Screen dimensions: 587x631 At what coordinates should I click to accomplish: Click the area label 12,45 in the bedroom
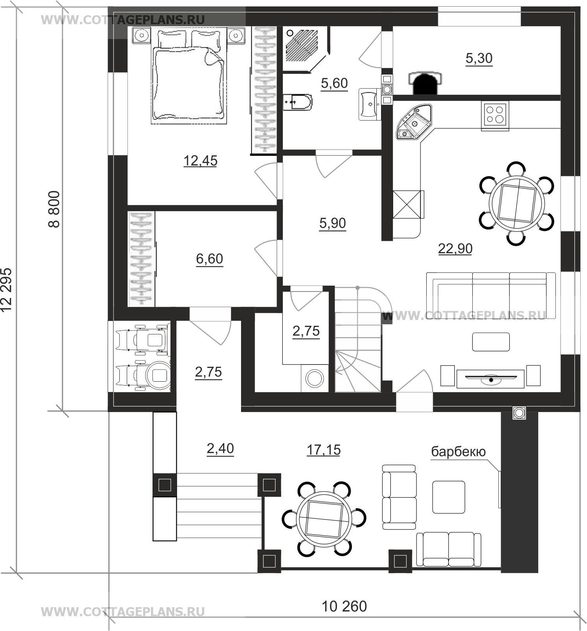[x=200, y=160]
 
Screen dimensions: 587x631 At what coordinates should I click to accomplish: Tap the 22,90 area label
[x=455, y=248]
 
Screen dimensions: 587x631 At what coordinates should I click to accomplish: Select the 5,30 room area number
[x=479, y=58]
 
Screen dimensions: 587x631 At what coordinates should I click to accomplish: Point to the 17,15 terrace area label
[x=323, y=450]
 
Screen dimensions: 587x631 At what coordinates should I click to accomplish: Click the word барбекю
[x=458, y=451]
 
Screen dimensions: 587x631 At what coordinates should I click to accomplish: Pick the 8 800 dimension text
[x=54, y=209]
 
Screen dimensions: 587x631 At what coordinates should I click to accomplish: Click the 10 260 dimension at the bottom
[x=344, y=606]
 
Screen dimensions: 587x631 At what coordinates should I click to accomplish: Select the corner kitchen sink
[x=413, y=122]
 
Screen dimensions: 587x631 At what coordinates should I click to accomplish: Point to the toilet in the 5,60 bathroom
[x=297, y=102]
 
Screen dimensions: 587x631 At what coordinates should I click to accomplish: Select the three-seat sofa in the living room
[x=491, y=296]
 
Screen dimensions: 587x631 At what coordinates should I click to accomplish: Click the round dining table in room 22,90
[x=517, y=203]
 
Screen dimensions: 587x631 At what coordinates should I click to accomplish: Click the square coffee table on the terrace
[x=449, y=497]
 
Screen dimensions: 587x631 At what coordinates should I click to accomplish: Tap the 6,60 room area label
[x=209, y=258]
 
